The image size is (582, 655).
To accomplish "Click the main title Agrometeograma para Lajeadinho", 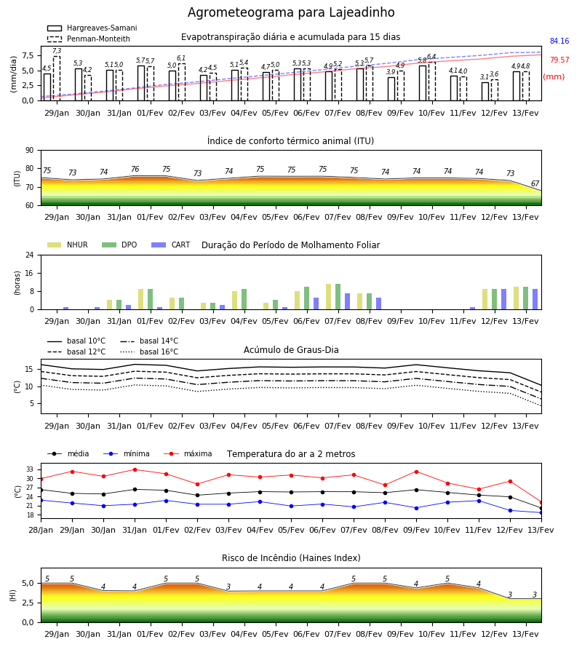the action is point(291,12).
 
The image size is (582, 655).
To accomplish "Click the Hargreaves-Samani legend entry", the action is point(92,28).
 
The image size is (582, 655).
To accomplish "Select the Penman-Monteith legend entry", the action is point(89,39).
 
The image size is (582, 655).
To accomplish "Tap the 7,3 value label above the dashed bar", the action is point(57,51).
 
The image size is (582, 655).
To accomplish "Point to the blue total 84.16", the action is point(559,41).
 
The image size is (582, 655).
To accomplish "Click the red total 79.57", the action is point(559,60).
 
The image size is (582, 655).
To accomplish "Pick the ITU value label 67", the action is point(535,184).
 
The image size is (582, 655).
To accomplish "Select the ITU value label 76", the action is point(135,169).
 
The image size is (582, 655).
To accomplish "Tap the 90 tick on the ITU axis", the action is point(30,151).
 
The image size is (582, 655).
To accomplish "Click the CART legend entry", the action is point(171,245).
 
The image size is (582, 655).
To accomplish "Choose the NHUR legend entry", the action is point(68,245).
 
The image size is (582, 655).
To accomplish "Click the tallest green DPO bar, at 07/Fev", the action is point(338,297).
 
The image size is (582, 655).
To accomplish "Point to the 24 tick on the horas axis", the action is point(30,255).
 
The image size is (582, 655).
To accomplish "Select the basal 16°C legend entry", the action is point(149,352).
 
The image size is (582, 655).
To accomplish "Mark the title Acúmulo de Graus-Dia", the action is point(291,350).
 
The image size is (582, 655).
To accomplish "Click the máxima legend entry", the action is point(188,453).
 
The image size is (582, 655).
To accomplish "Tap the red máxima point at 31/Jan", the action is point(135,469).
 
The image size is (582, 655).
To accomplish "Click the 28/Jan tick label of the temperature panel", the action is point(41,530).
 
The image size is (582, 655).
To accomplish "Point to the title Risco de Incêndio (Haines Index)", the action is point(291,558).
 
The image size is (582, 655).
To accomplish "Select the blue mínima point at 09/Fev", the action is point(416,508).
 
